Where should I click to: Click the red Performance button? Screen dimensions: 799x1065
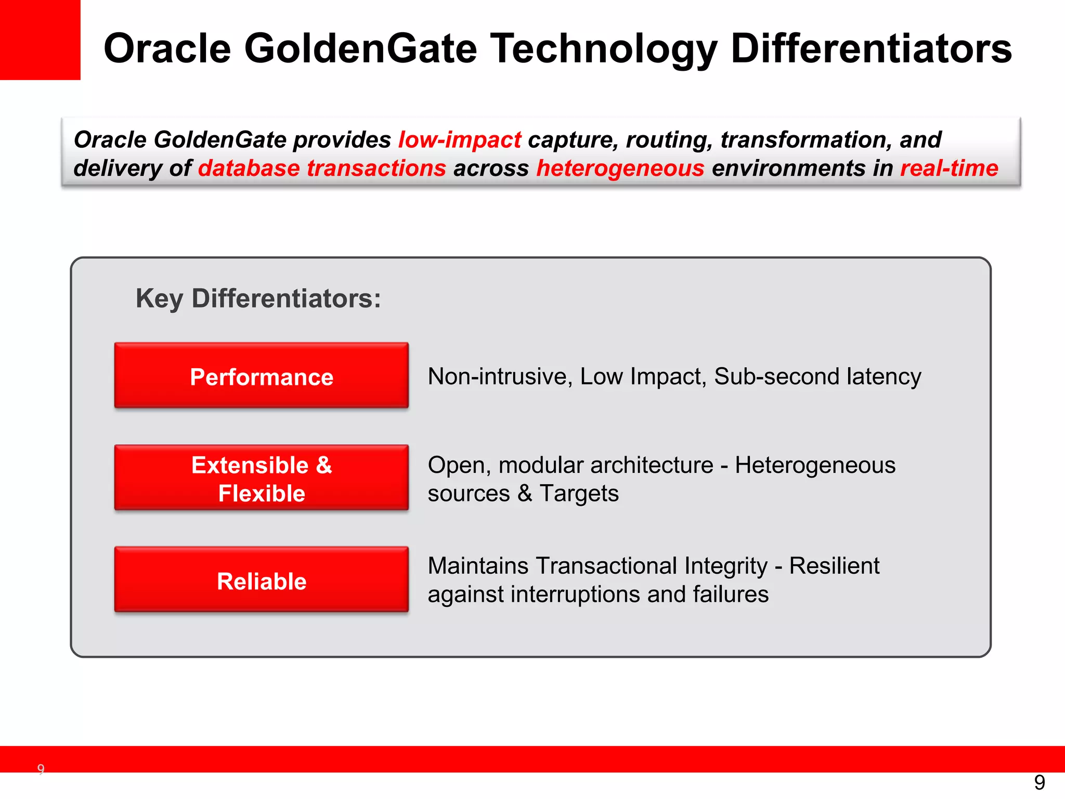pyautogui.click(x=261, y=376)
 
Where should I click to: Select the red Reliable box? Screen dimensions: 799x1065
pyautogui.click(x=261, y=580)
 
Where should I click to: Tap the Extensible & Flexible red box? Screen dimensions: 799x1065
pyautogui.click(x=261, y=478)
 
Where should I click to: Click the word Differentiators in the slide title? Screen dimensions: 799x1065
pyautogui.click(x=871, y=48)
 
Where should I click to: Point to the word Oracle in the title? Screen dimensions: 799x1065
pyautogui.click(x=167, y=48)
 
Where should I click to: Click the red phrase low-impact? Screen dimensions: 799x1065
pyautogui.click(x=460, y=140)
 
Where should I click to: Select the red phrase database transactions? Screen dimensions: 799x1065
pyautogui.click(x=322, y=169)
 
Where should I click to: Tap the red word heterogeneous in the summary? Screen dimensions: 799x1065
pyautogui.click(x=620, y=169)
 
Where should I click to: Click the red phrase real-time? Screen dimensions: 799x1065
pyautogui.click(x=949, y=169)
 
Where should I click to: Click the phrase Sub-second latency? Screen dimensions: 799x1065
pyautogui.click(x=817, y=376)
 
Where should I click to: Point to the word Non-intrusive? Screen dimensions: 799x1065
pyautogui.click(x=500, y=376)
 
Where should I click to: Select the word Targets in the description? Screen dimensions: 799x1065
pyautogui.click(x=579, y=493)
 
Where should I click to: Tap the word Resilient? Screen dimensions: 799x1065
pyautogui.click(x=834, y=565)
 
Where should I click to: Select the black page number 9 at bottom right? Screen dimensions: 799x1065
pyautogui.click(x=1040, y=782)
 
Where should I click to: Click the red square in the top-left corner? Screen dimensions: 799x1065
pyautogui.click(x=40, y=40)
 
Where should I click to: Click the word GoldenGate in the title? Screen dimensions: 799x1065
pyautogui.click(x=360, y=48)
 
